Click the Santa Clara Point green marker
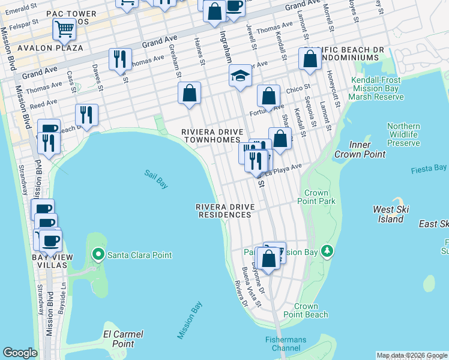tap(99, 255)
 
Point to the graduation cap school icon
tap(240, 76)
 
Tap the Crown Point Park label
tap(320, 197)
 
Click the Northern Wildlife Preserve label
tap(403, 134)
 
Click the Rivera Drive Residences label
tap(225, 211)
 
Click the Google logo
tap(20, 353)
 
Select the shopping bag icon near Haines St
tap(189, 93)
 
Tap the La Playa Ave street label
tap(287, 169)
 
